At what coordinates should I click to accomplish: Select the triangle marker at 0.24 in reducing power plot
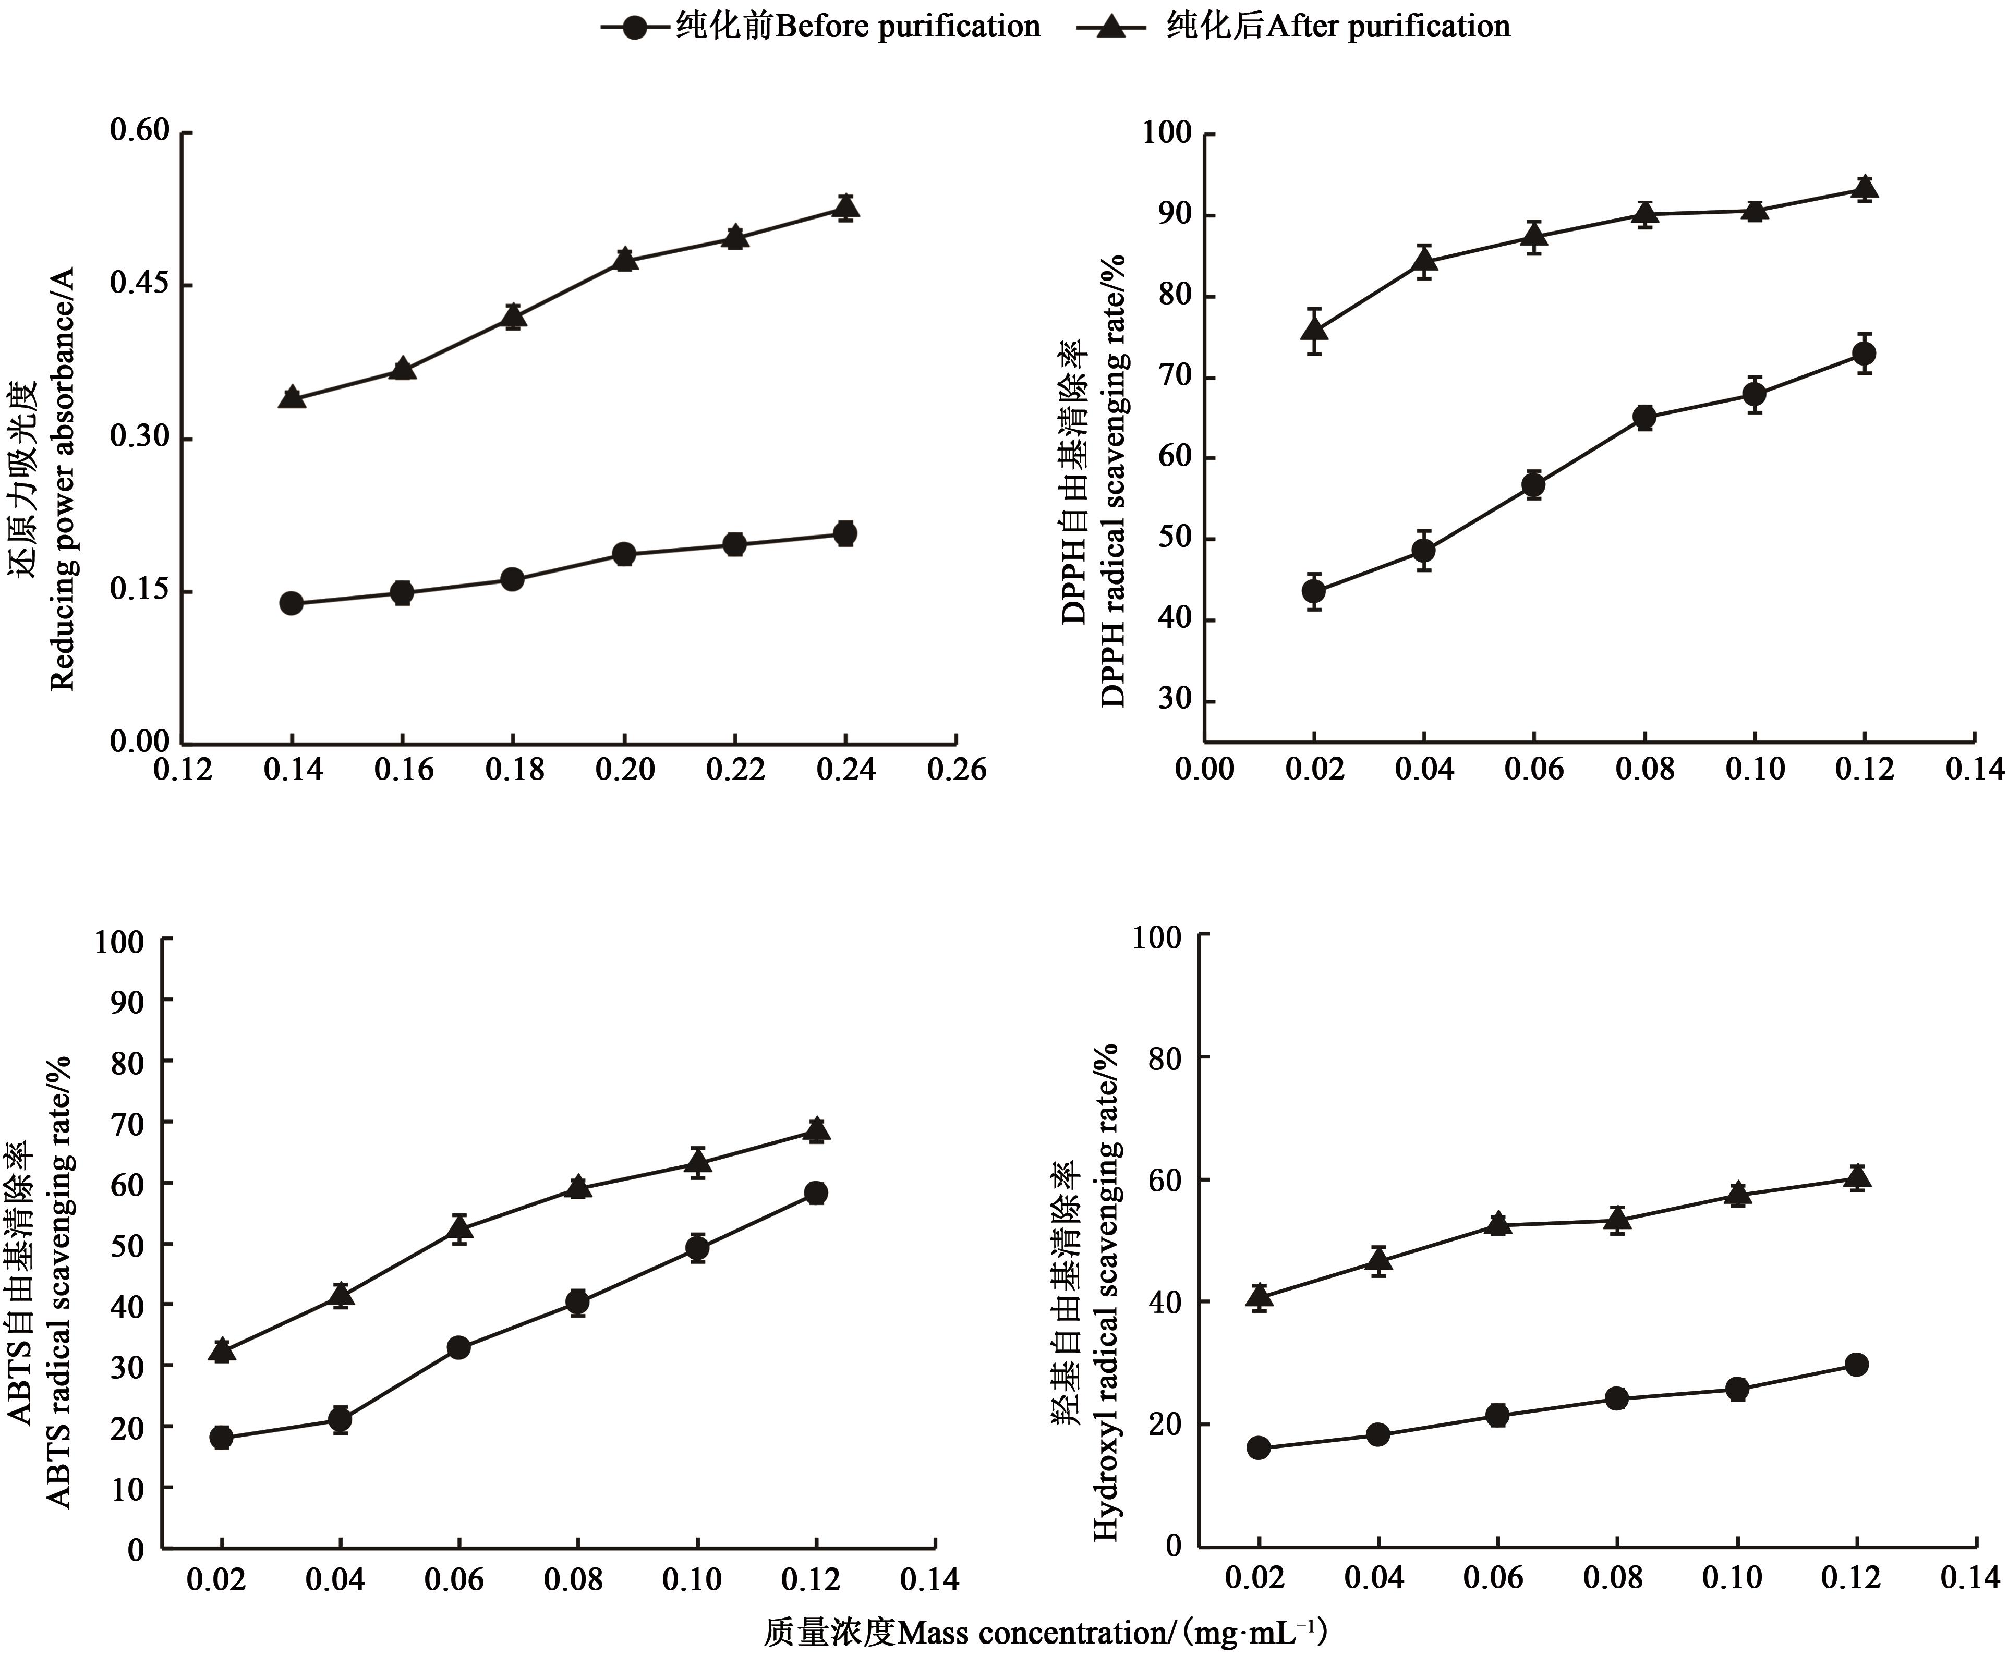coord(845,207)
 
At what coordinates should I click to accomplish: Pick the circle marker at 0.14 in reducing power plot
coord(292,603)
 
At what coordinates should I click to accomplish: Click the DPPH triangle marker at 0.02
coord(1315,331)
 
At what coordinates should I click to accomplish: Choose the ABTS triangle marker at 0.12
coord(816,1130)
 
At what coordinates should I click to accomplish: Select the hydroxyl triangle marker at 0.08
coord(1616,1219)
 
